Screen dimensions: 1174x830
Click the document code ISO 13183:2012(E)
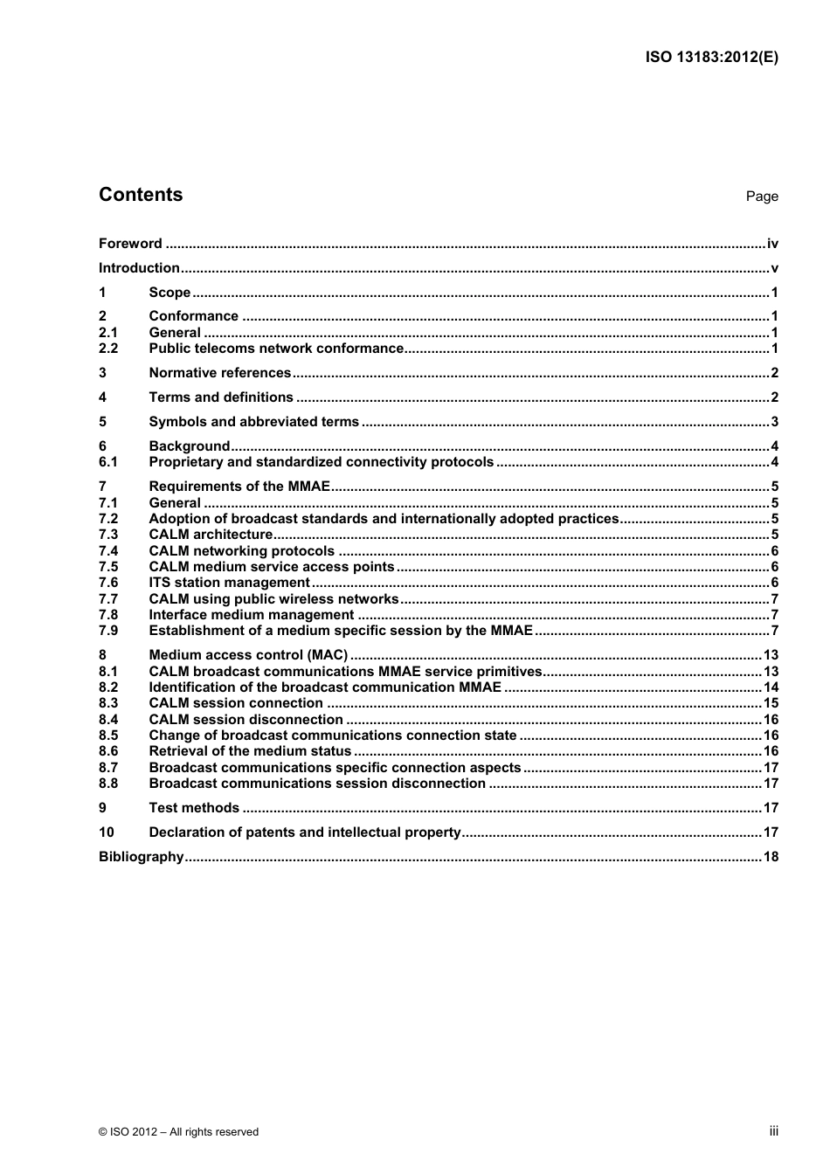(x=711, y=58)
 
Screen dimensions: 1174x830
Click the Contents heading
(x=141, y=195)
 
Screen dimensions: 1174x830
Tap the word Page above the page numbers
(x=761, y=197)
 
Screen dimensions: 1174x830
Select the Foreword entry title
(x=130, y=244)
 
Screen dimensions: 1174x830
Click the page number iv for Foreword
(x=771, y=244)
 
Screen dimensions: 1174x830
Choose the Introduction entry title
(x=139, y=268)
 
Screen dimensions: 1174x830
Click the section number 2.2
(x=108, y=349)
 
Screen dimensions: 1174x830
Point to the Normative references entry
(x=219, y=373)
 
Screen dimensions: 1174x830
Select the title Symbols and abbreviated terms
(x=253, y=422)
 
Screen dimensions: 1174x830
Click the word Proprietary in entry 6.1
(x=186, y=462)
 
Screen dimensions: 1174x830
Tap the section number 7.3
(x=108, y=535)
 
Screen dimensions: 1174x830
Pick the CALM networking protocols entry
(x=241, y=551)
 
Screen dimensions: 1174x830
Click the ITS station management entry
(x=229, y=583)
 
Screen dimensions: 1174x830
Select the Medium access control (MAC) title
(x=248, y=655)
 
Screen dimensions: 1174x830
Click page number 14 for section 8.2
(x=771, y=687)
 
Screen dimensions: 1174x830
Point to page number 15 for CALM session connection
(x=771, y=703)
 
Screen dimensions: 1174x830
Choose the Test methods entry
(x=194, y=808)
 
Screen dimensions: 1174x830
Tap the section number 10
(x=106, y=832)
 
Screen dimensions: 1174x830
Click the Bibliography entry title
(x=141, y=857)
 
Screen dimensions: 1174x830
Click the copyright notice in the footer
(x=178, y=1132)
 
